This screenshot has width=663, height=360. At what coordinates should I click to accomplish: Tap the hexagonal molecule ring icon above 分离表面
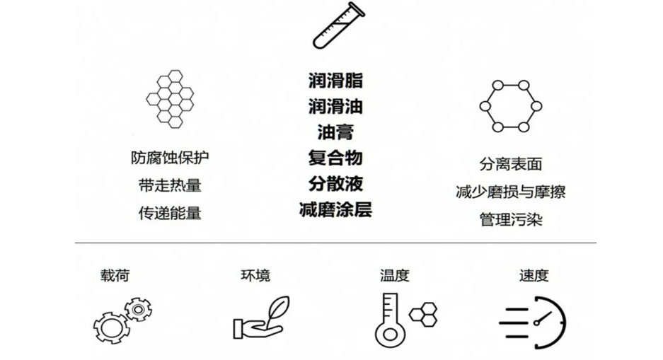[510, 106]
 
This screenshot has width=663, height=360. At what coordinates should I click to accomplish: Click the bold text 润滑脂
[335, 80]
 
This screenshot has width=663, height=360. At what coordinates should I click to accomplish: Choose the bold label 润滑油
[335, 106]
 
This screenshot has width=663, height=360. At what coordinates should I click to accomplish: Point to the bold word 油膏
[335, 132]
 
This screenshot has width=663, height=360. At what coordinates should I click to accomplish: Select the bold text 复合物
[335, 157]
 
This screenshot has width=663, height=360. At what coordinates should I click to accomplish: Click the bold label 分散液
[335, 183]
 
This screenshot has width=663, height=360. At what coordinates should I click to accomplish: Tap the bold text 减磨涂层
[335, 209]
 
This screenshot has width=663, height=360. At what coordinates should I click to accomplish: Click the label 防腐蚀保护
[170, 158]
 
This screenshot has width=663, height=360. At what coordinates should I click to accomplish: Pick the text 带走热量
[170, 185]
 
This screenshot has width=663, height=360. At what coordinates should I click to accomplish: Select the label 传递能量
[170, 212]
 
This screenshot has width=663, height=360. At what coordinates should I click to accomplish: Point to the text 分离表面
[510, 164]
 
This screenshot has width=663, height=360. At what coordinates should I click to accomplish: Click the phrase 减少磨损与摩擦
[510, 192]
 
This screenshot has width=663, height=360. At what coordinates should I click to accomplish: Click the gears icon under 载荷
[122, 320]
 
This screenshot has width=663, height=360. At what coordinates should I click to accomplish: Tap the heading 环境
[255, 275]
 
